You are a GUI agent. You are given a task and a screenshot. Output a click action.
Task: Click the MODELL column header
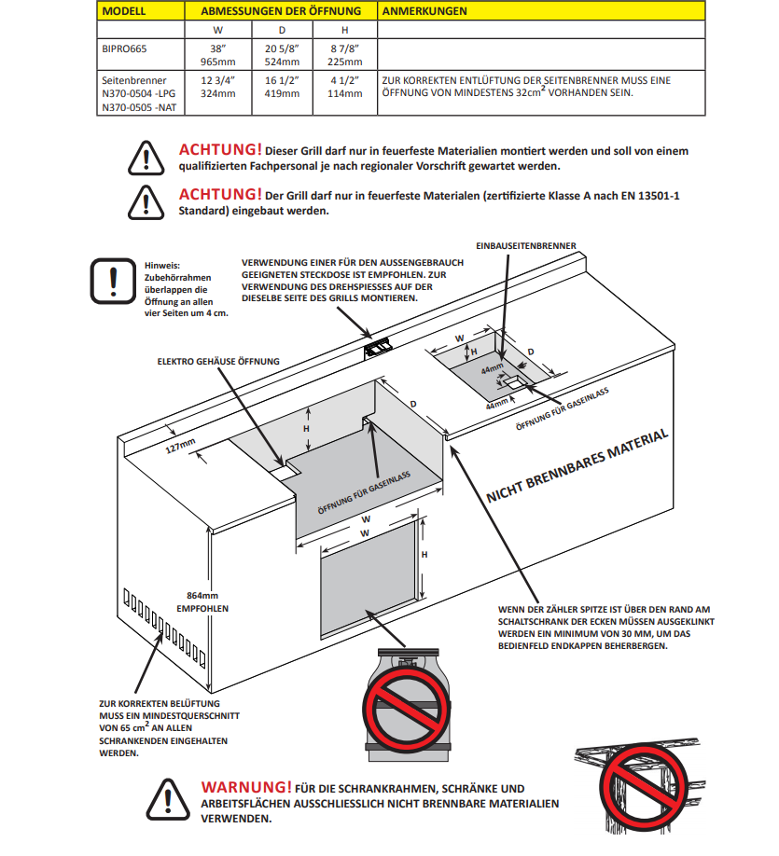point(124,11)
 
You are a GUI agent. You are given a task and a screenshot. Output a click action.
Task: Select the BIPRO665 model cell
point(124,48)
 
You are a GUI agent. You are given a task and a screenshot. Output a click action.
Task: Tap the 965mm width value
point(218,62)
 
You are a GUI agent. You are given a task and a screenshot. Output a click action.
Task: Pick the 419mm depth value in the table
point(282,93)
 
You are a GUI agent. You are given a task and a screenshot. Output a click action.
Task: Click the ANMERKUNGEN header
point(424,11)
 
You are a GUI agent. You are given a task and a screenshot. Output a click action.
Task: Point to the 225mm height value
point(344,62)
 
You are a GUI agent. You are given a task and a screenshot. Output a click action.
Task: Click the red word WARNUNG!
point(245,787)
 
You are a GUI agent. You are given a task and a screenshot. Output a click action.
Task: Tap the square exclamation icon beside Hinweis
point(113,282)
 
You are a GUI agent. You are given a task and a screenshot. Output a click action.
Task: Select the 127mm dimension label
point(180,446)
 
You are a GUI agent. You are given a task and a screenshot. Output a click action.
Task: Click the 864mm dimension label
point(202,596)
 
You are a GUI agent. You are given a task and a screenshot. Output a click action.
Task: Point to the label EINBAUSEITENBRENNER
point(526,246)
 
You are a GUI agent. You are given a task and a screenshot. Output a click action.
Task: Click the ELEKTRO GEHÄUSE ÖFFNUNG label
point(218,362)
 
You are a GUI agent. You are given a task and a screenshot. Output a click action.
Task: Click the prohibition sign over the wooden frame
point(643,788)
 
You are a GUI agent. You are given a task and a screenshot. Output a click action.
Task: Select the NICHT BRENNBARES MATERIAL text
point(577,465)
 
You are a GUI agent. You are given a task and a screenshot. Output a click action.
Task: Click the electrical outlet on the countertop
point(378,349)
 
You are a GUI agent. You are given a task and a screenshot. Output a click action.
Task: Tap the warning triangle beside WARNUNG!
point(168,800)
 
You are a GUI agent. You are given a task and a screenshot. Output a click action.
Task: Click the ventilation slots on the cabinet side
point(164,628)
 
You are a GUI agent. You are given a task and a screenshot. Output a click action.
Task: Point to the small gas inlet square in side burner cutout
point(513,382)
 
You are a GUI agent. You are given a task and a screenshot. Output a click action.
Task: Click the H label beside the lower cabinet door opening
point(424,555)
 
